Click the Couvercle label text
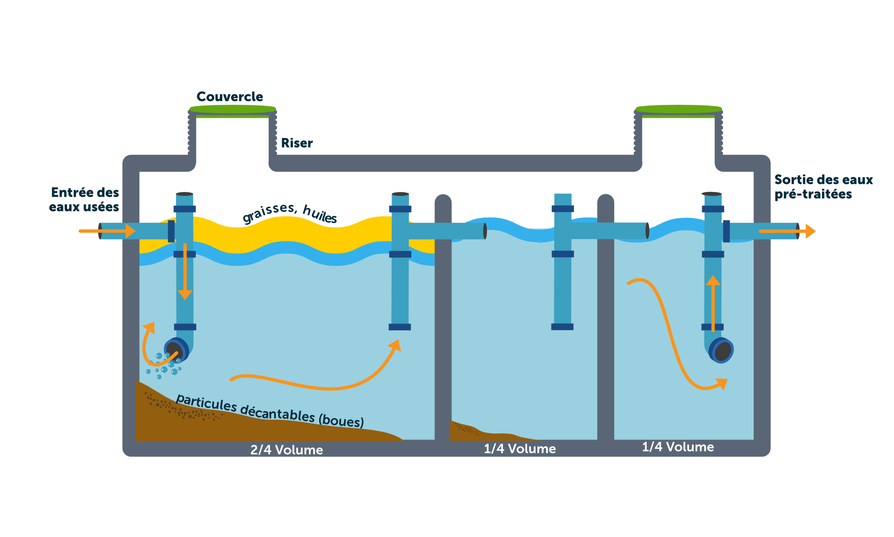tap(229, 97)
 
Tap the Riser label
tap(296, 143)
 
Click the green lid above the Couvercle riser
tap(232, 109)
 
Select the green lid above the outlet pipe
tap(679, 109)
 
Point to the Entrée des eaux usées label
tap(84, 200)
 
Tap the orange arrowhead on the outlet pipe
tap(810, 231)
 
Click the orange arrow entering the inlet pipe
tap(107, 231)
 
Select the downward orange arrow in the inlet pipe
tap(185, 273)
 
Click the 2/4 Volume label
tap(287, 450)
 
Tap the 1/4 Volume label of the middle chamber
tap(519, 449)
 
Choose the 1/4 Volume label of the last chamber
tap(678, 447)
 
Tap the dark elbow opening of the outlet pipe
tap(722, 351)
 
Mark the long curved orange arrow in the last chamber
tap(670, 336)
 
